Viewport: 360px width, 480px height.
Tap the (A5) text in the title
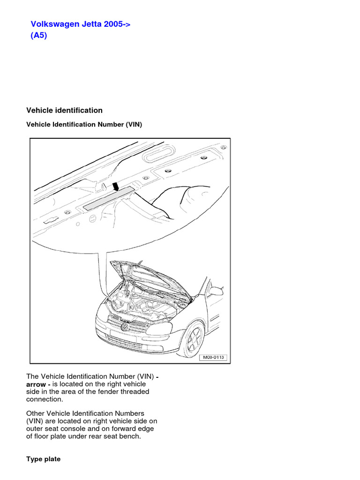[39, 36]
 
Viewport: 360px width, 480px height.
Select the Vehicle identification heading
[64, 111]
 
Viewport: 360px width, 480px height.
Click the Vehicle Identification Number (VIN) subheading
[84, 125]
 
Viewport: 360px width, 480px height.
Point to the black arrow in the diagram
[116, 187]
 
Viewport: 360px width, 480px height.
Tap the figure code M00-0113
[213, 357]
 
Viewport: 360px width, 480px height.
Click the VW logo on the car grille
[125, 326]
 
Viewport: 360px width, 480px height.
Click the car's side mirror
[216, 291]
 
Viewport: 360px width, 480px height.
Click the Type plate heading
[43, 459]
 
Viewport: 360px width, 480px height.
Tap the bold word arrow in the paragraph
[36, 384]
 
